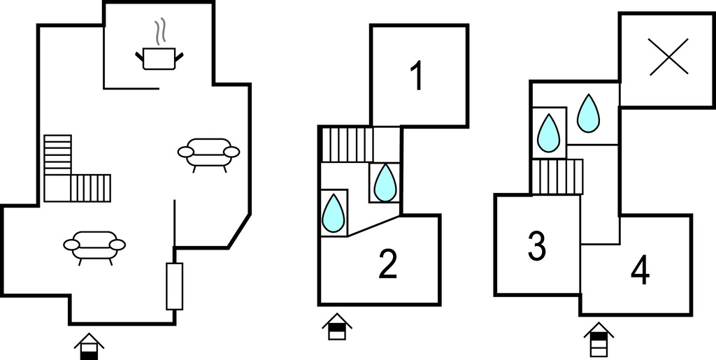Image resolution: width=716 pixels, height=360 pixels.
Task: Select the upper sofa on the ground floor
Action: [x=208, y=152]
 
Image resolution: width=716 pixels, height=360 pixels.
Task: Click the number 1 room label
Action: [x=417, y=76]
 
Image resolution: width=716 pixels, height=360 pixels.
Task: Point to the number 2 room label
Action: [x=388, y=264]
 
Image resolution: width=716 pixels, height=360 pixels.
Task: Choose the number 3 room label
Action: [x=536, y=246]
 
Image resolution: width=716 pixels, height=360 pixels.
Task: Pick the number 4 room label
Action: [x=640, y=271]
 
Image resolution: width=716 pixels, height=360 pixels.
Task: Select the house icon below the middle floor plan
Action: [x=337, y=327]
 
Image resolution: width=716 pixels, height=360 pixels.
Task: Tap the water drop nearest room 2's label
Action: [x=334, y=213]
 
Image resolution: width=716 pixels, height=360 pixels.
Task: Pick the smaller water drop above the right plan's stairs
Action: [x=549, y=132]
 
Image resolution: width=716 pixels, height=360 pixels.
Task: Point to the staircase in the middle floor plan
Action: [x=346, y=144]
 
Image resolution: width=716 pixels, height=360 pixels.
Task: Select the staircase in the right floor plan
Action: [x=557, y=176]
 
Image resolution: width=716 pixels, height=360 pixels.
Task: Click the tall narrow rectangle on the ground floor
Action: [x=174, y=286]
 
